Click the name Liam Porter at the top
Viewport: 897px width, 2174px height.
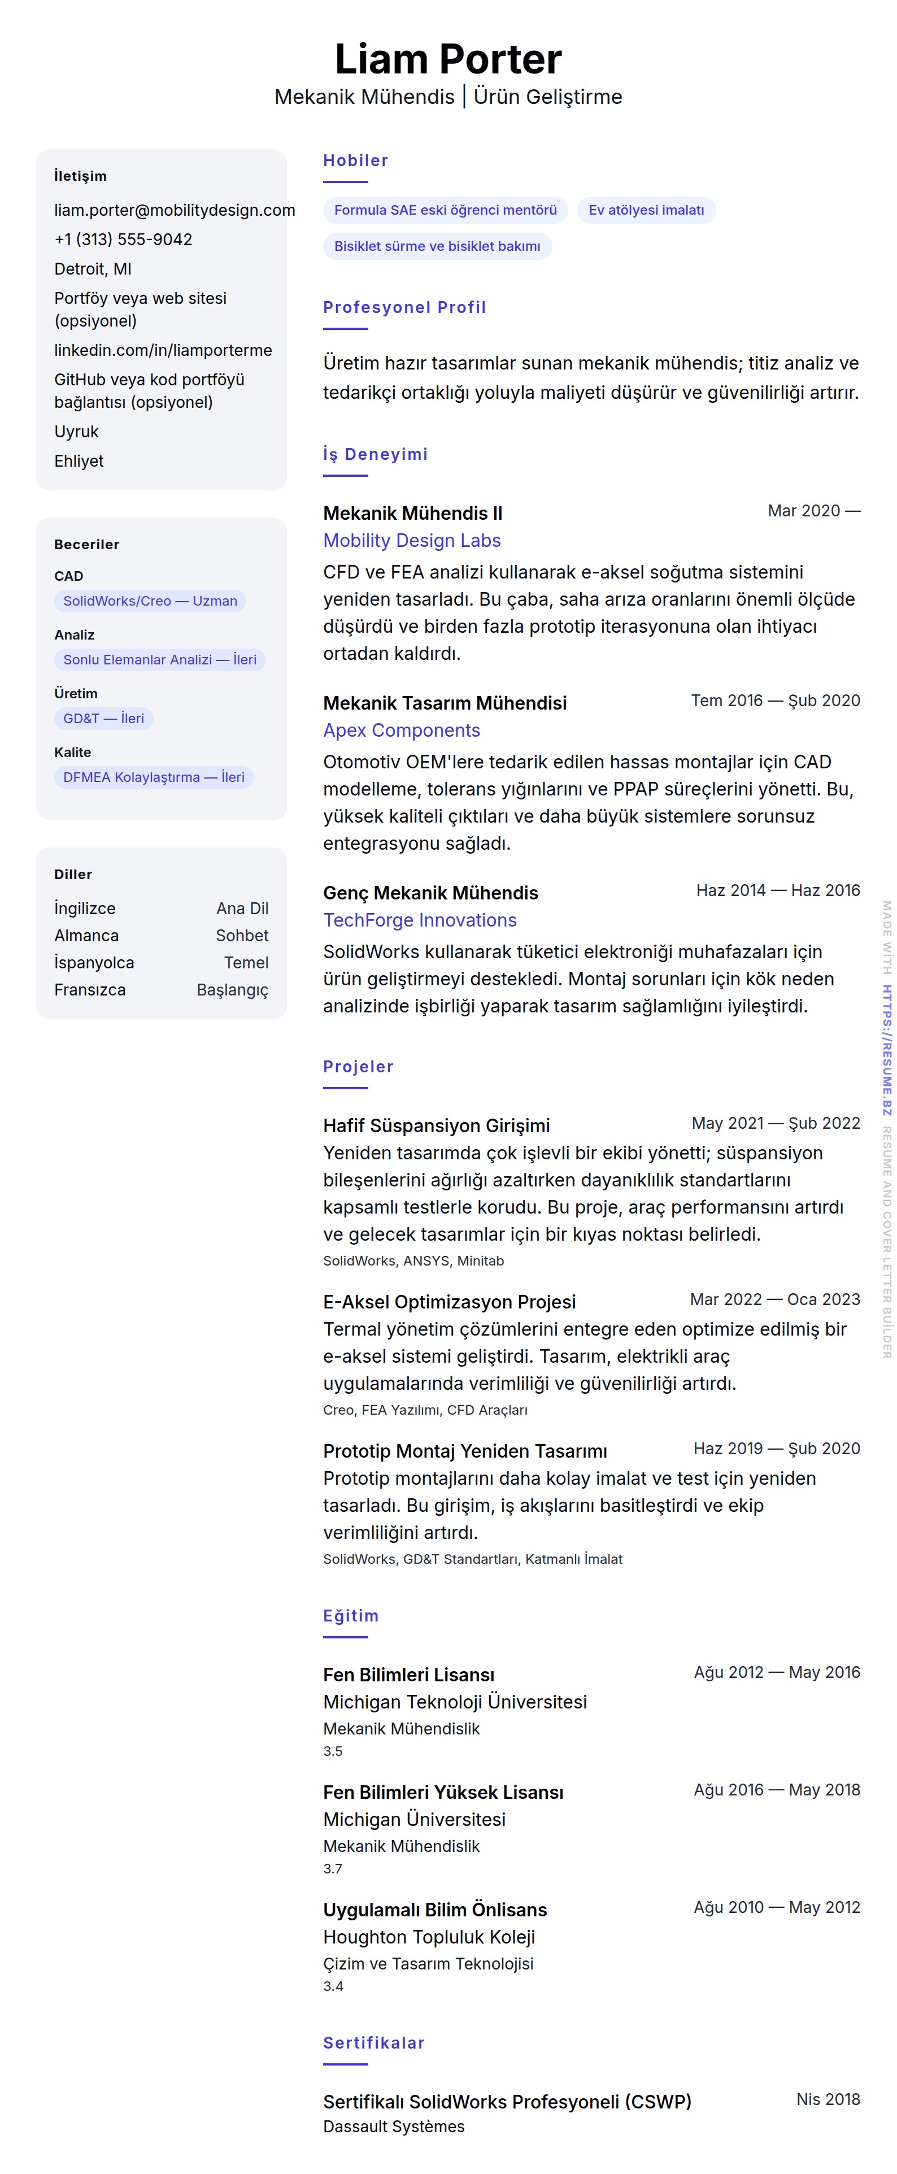(x=447, y=59)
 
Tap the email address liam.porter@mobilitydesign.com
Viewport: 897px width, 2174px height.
(x=175, y=210)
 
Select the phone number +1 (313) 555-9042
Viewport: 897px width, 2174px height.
(x=123, y=240)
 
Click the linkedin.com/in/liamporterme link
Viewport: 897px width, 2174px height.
(x=163, y=350)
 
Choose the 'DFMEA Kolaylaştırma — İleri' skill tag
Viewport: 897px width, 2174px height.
(x=154, y=777)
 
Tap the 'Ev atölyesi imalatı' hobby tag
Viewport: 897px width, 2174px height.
(x=646, y=210)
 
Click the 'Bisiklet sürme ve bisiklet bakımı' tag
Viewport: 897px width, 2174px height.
(x=437, y=246)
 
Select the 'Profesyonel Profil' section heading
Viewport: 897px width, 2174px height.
(x=404, y=307)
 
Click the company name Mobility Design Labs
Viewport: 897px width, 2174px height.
(x=412, y=541)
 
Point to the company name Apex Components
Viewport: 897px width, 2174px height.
(x=402, y=731)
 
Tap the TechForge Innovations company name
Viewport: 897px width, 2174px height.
(x=419, y=921)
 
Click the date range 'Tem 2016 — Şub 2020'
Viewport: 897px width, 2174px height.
(x=774, y=701)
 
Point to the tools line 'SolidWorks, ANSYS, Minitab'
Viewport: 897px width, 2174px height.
(x=413, y=1261)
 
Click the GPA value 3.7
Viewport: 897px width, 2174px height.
(x=333, y=1868)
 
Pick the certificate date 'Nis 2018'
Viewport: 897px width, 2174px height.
(x=828, y=2099)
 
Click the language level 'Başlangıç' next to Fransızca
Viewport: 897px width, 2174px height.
(x=232, y=990)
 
